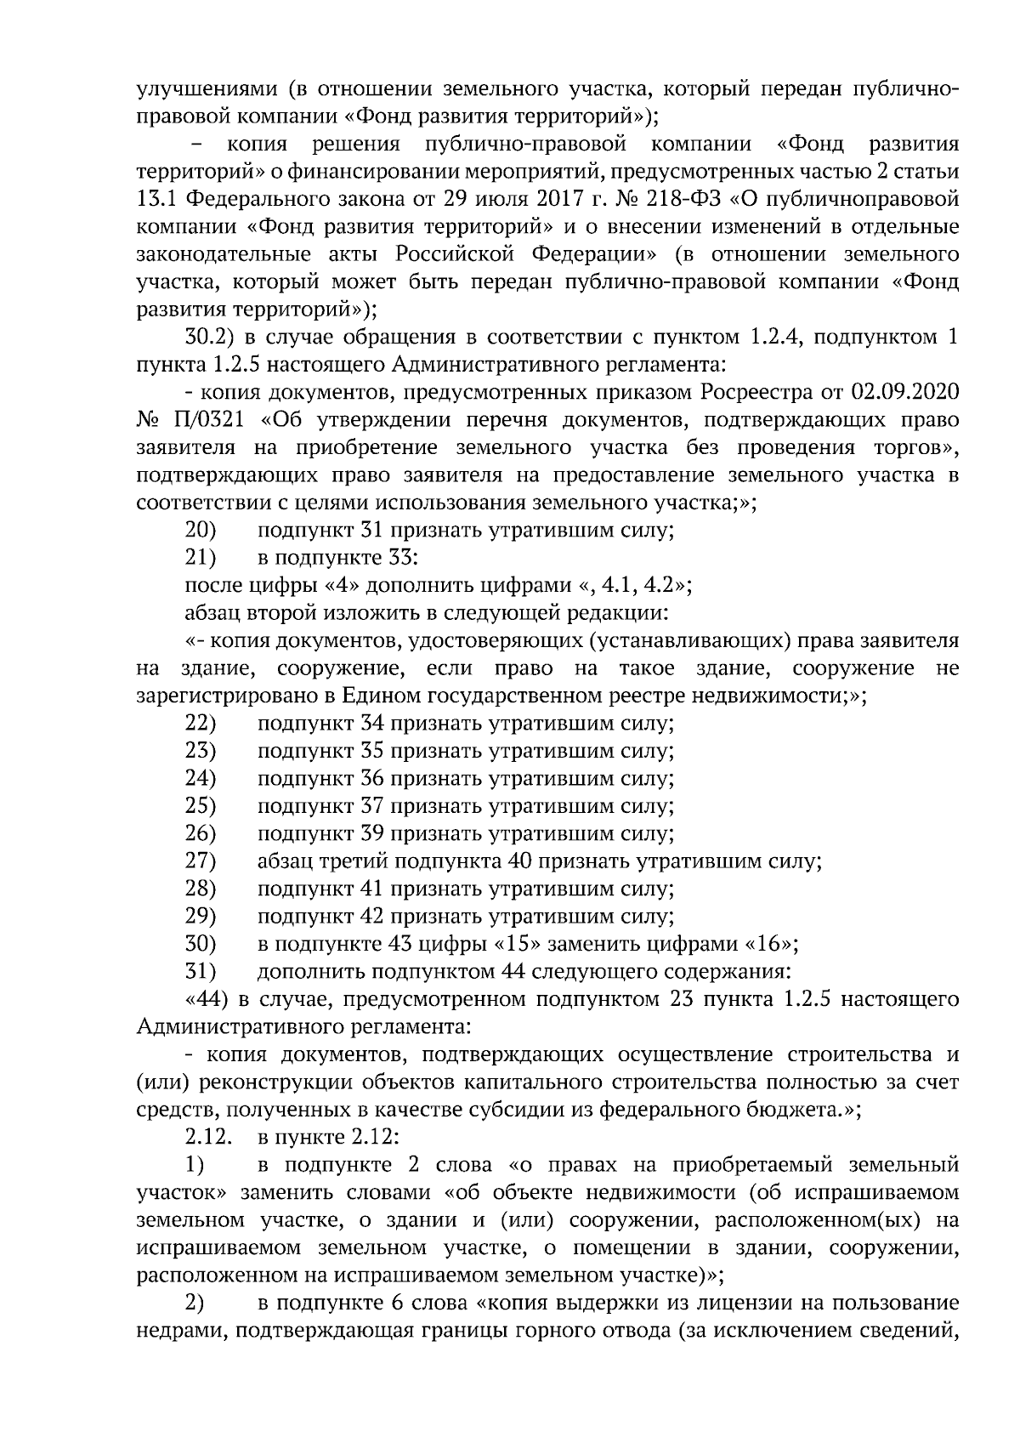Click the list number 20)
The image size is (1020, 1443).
pyautogui.click(x=201, y=531)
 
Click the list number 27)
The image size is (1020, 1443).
pyautogui.click(x=201, y=861)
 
